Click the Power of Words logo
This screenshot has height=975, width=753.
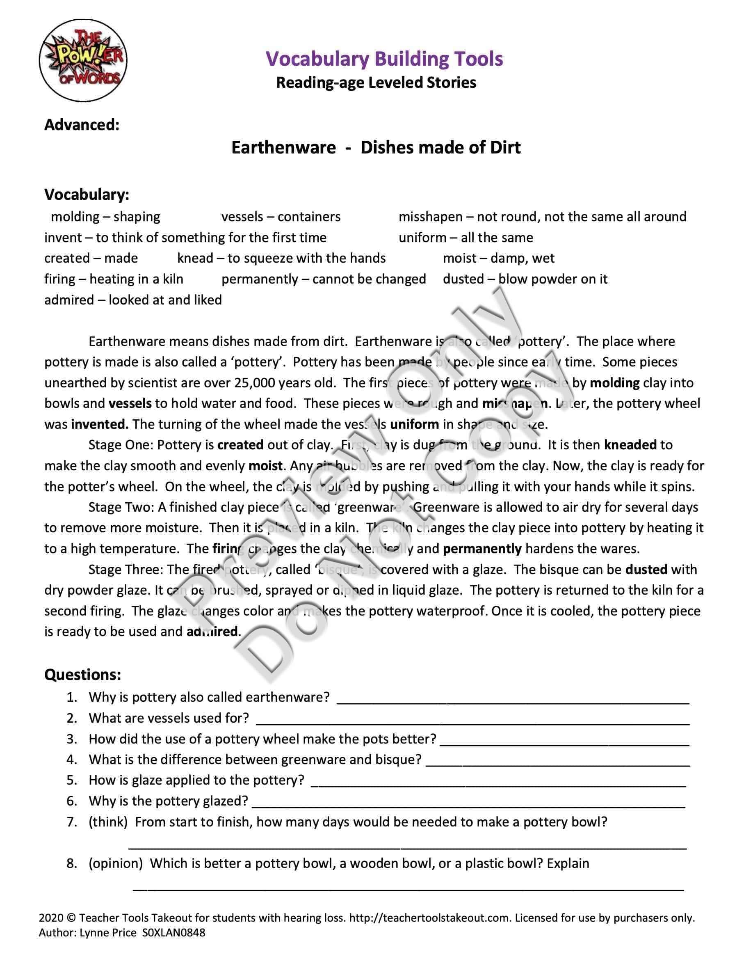[x=83, y=60]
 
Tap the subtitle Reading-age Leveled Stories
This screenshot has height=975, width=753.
[x=376, y=82]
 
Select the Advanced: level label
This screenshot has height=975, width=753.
[x=82, y=125]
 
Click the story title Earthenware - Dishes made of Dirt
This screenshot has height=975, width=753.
[x=376, y=147]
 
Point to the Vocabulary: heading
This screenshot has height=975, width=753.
[x=87, y=195]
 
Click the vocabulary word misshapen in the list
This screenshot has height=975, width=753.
[x=430, y=217]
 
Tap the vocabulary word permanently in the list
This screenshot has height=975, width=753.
[x=260, y=279]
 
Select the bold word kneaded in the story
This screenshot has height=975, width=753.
[x=630, y=445]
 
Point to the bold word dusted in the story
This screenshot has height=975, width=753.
[x=646, y=570]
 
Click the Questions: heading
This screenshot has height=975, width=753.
[x=82, y=675]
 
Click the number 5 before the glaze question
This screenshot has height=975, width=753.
[x=72, y=780]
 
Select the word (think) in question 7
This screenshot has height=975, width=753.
[x=108, y=822]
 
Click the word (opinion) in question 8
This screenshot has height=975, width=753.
[x=116, y=863]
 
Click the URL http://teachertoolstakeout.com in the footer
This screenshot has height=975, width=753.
[x=429, y=918]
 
